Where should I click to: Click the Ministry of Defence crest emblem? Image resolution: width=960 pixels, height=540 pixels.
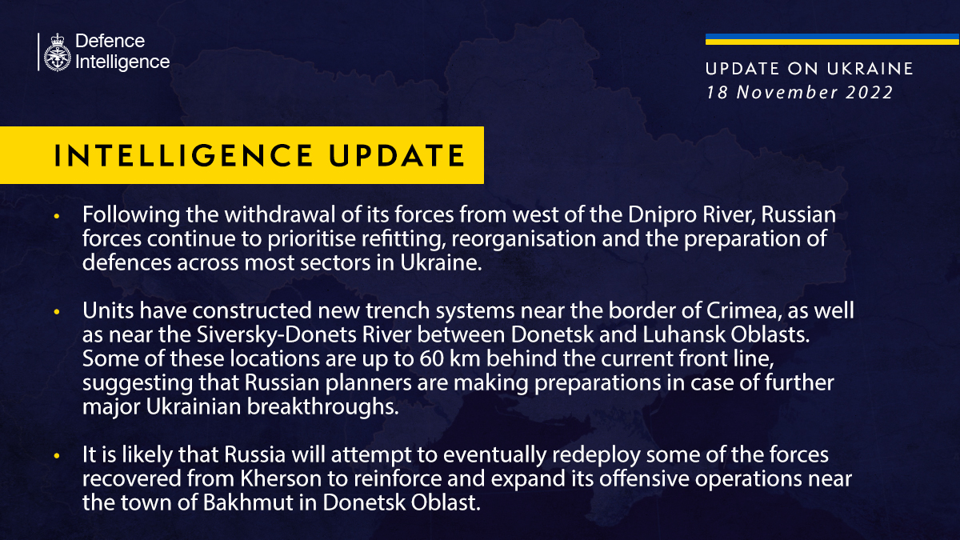tap(56, 51)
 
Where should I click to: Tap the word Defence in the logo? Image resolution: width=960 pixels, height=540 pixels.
tap(110, 41)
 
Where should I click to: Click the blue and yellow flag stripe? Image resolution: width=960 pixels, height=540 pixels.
tap(832, 39)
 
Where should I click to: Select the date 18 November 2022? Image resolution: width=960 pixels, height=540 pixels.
tap(799, 92)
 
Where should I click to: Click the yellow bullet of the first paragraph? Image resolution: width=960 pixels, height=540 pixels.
tap(56, 218)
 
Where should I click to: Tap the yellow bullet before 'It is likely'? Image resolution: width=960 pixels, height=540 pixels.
tap(56, 456)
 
